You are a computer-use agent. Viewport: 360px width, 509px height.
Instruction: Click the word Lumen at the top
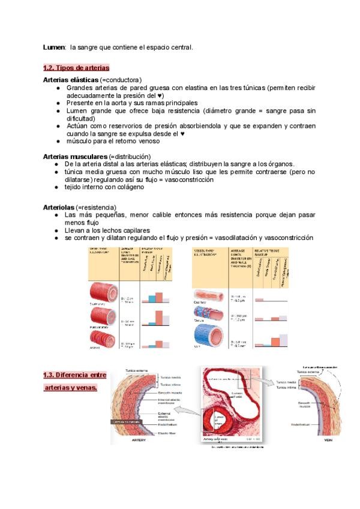coord(55,47)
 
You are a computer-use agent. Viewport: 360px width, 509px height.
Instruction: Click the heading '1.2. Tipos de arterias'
coord(76,67)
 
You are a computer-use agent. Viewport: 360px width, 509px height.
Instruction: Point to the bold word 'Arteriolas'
coord(59,207)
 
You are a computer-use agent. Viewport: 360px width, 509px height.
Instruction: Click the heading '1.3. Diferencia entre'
coord(74,375)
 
